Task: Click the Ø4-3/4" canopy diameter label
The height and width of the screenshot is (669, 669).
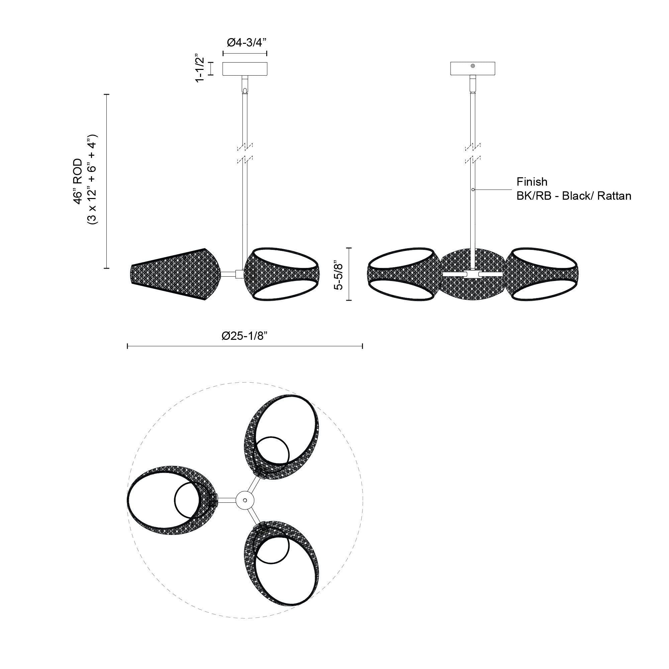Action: [x=247, y=42]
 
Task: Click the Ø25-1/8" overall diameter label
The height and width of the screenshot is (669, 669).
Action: [x=245, y=336]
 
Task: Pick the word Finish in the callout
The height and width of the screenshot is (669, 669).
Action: [x=532, y=182]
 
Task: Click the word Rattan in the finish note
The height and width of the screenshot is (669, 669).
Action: [x=614, y=196]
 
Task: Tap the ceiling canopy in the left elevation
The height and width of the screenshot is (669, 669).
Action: [x=245, y=69]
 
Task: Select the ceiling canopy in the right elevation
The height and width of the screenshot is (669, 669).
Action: [x=472, y=69]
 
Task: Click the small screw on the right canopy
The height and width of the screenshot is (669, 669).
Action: [x=473, y=66]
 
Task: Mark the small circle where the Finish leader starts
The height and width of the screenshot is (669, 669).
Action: [x=473, y=189]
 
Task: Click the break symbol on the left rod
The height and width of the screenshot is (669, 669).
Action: [x=245, y=153]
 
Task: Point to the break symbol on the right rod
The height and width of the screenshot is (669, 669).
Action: [x=473, y=153]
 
